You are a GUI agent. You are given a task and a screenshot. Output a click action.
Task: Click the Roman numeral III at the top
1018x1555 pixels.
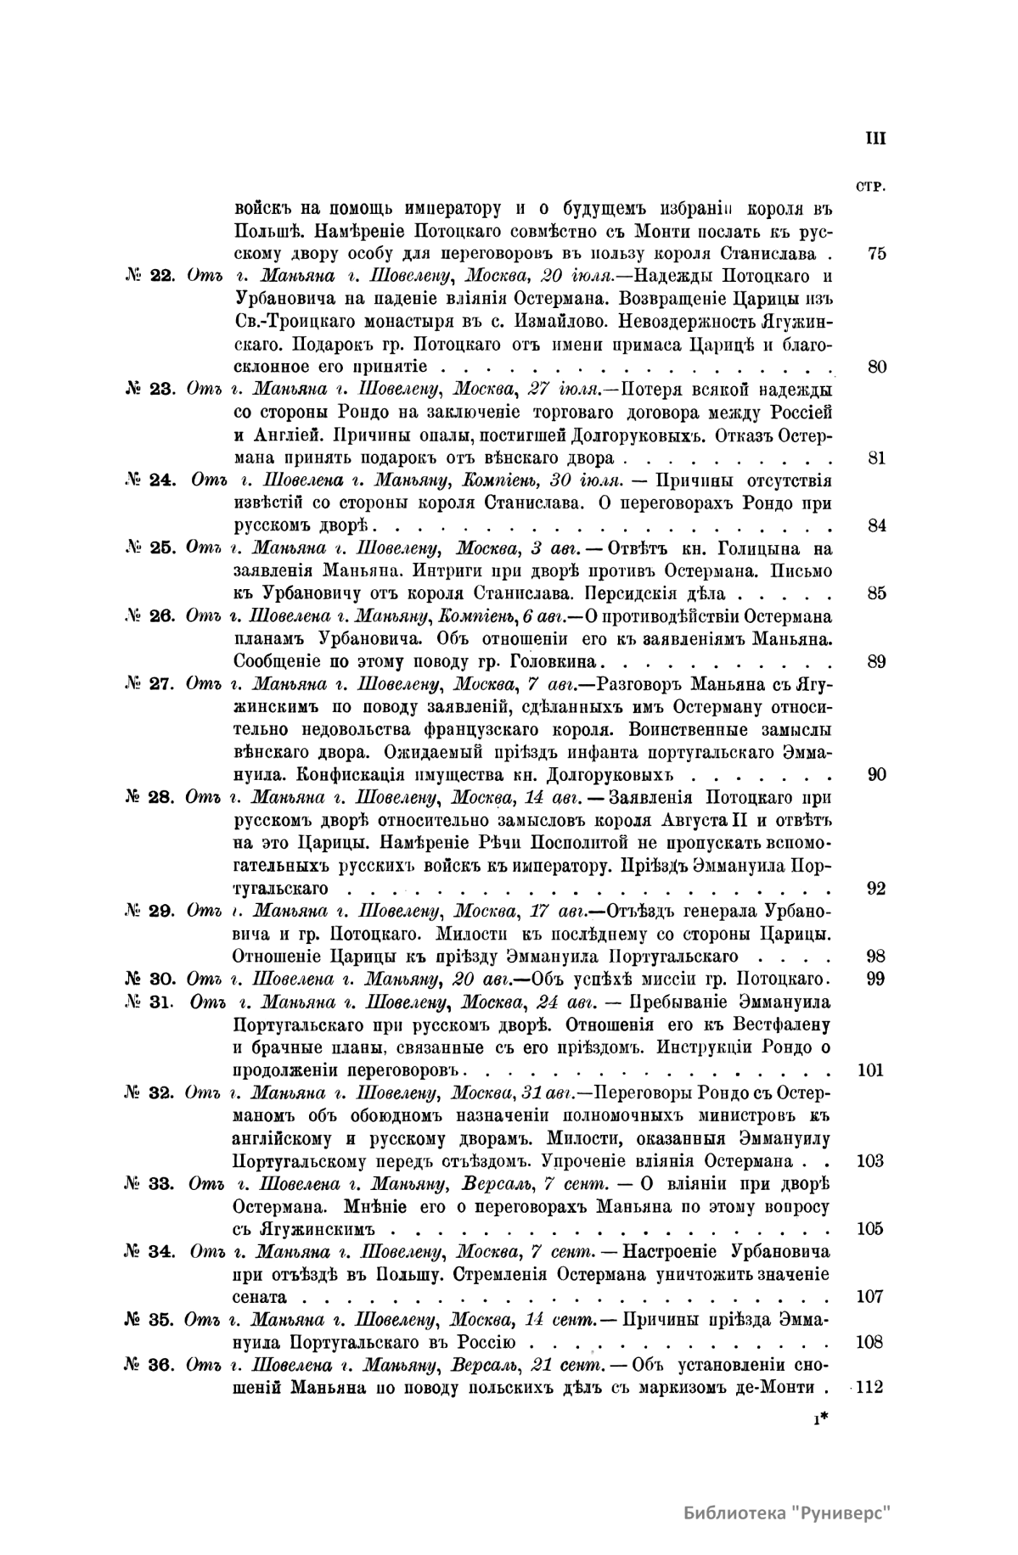(875, 138)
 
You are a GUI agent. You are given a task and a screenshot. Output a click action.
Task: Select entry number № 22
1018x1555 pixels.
(149, 276)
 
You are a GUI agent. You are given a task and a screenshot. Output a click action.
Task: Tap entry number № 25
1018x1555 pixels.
(149, 547)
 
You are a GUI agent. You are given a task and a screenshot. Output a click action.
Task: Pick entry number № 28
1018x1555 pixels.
(149, 798)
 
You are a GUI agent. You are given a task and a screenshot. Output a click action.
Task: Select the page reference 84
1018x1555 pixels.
(877, 525)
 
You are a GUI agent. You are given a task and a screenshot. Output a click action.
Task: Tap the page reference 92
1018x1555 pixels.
(877, 889)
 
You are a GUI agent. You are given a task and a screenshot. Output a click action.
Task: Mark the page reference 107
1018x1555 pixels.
(870, 1296)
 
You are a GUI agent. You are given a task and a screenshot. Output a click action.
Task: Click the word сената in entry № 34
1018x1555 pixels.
(258, 1297)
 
